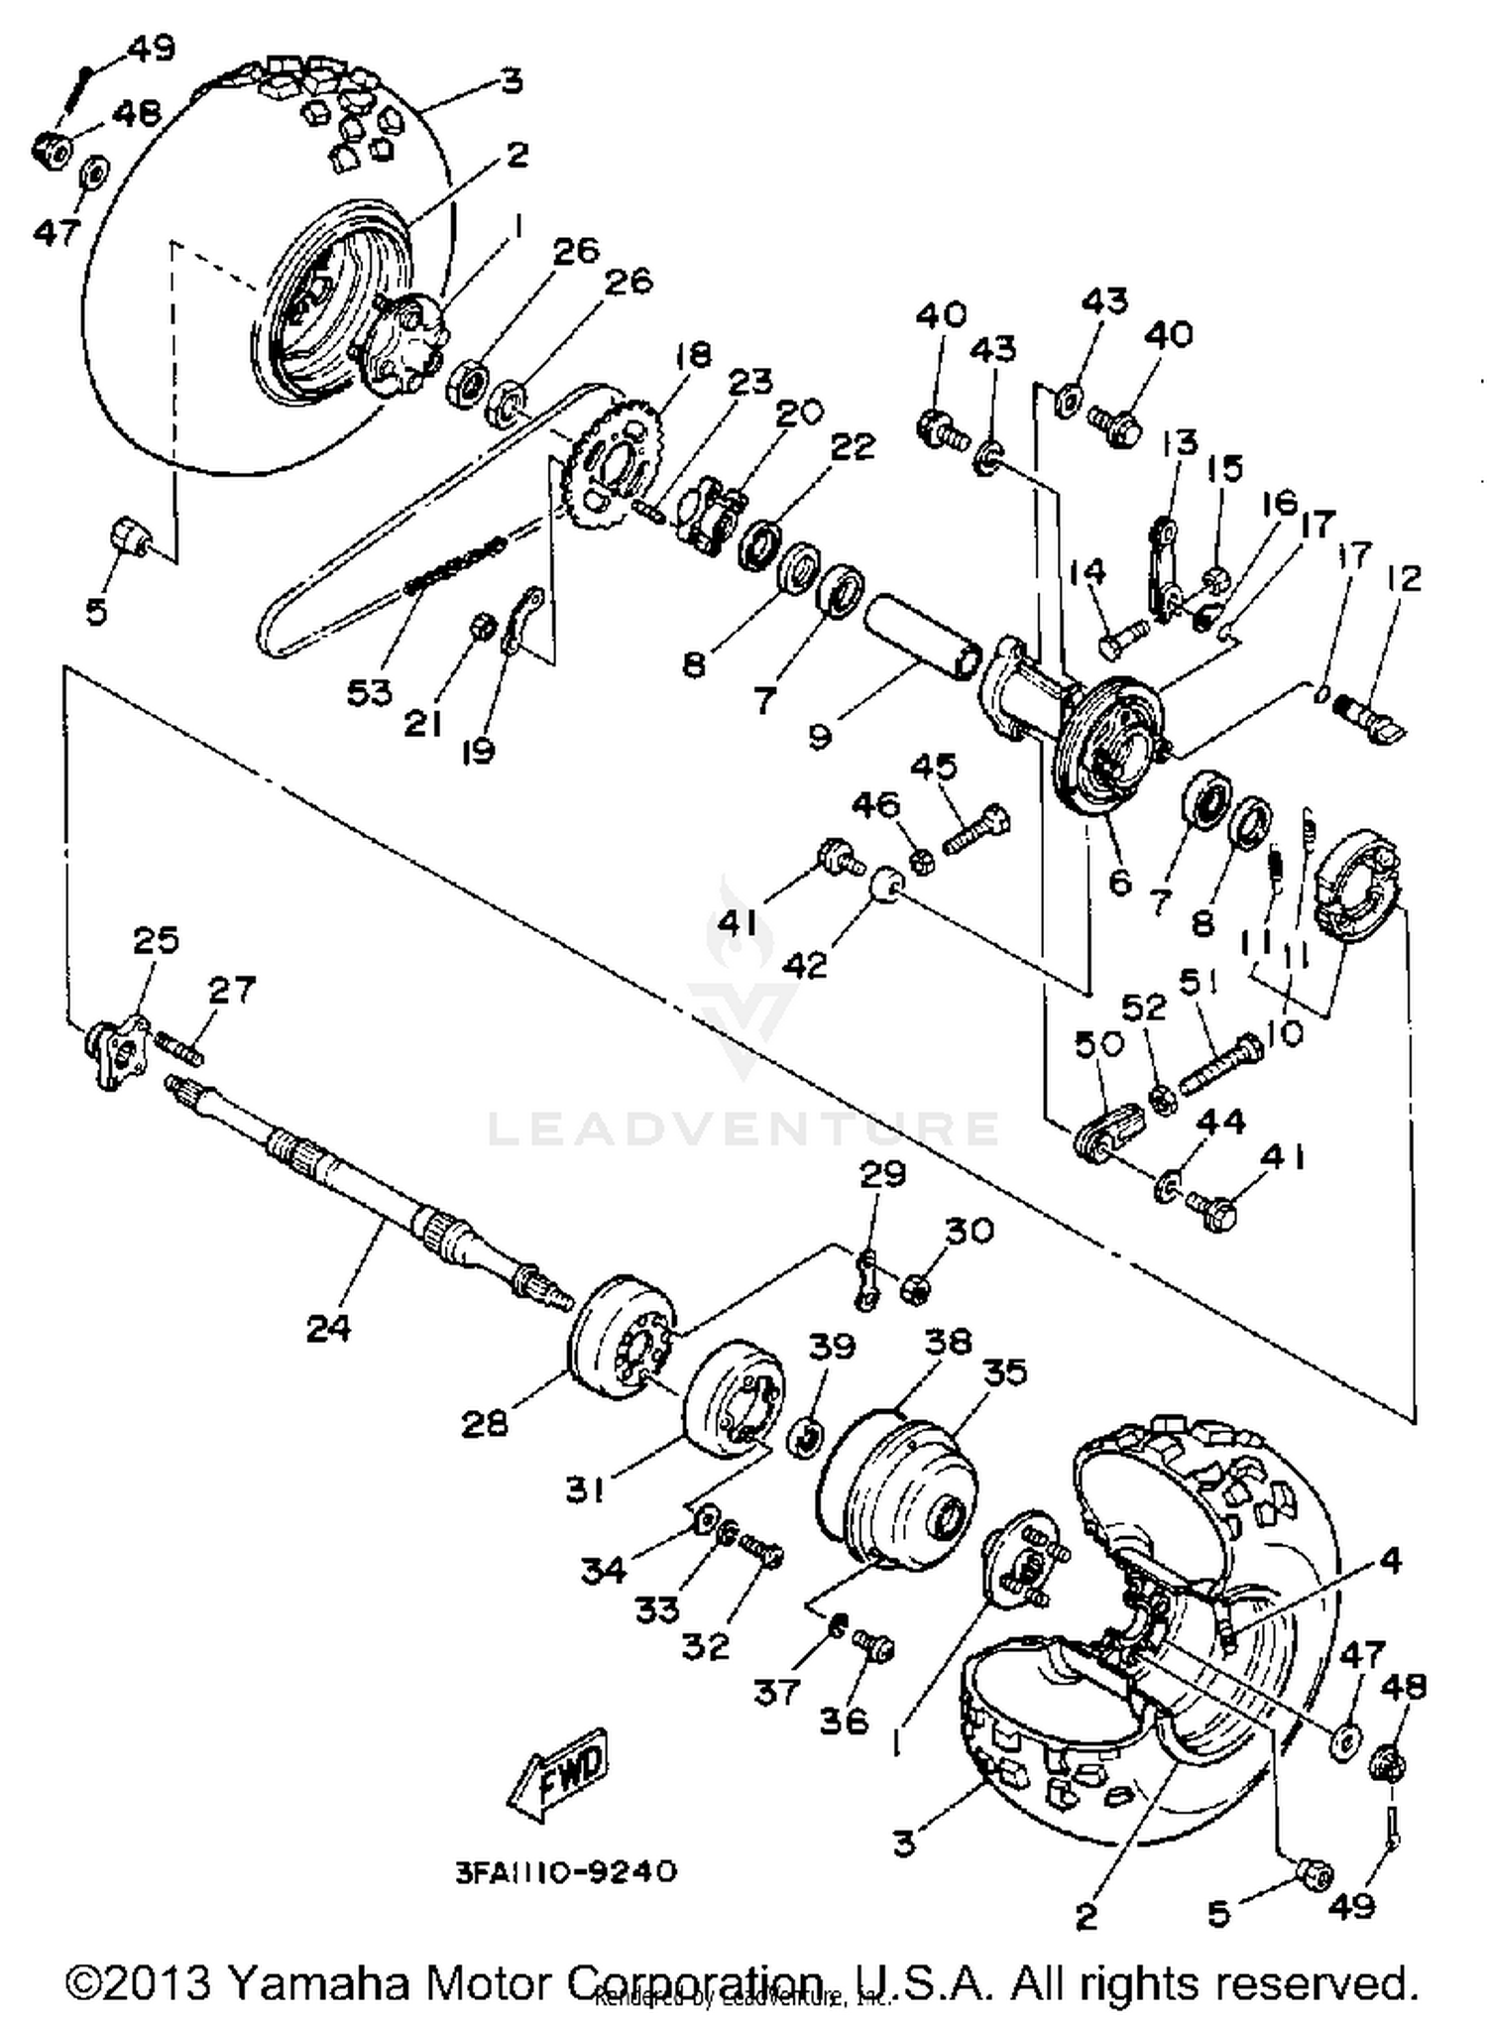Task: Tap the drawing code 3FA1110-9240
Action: pyautogui.click(x=566, y=1871)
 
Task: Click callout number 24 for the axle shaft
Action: pyautogui.click(x=328, y=1328)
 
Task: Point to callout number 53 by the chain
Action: pyautogui.click(x=369, y=692)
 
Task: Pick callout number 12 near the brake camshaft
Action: pyautogui.click(x=1403, y=578)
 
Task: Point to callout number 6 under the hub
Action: pyautogui.click(x=1119, y=882)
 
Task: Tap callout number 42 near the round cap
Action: pyautogui.click(x=804, y=963)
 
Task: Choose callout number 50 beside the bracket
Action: pyautogui.click(x=1096, y=1044)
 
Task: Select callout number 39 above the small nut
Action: pyautogui.click(x=831, y=1347)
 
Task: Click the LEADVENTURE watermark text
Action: pyautogui.click(x=743, y=1129)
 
